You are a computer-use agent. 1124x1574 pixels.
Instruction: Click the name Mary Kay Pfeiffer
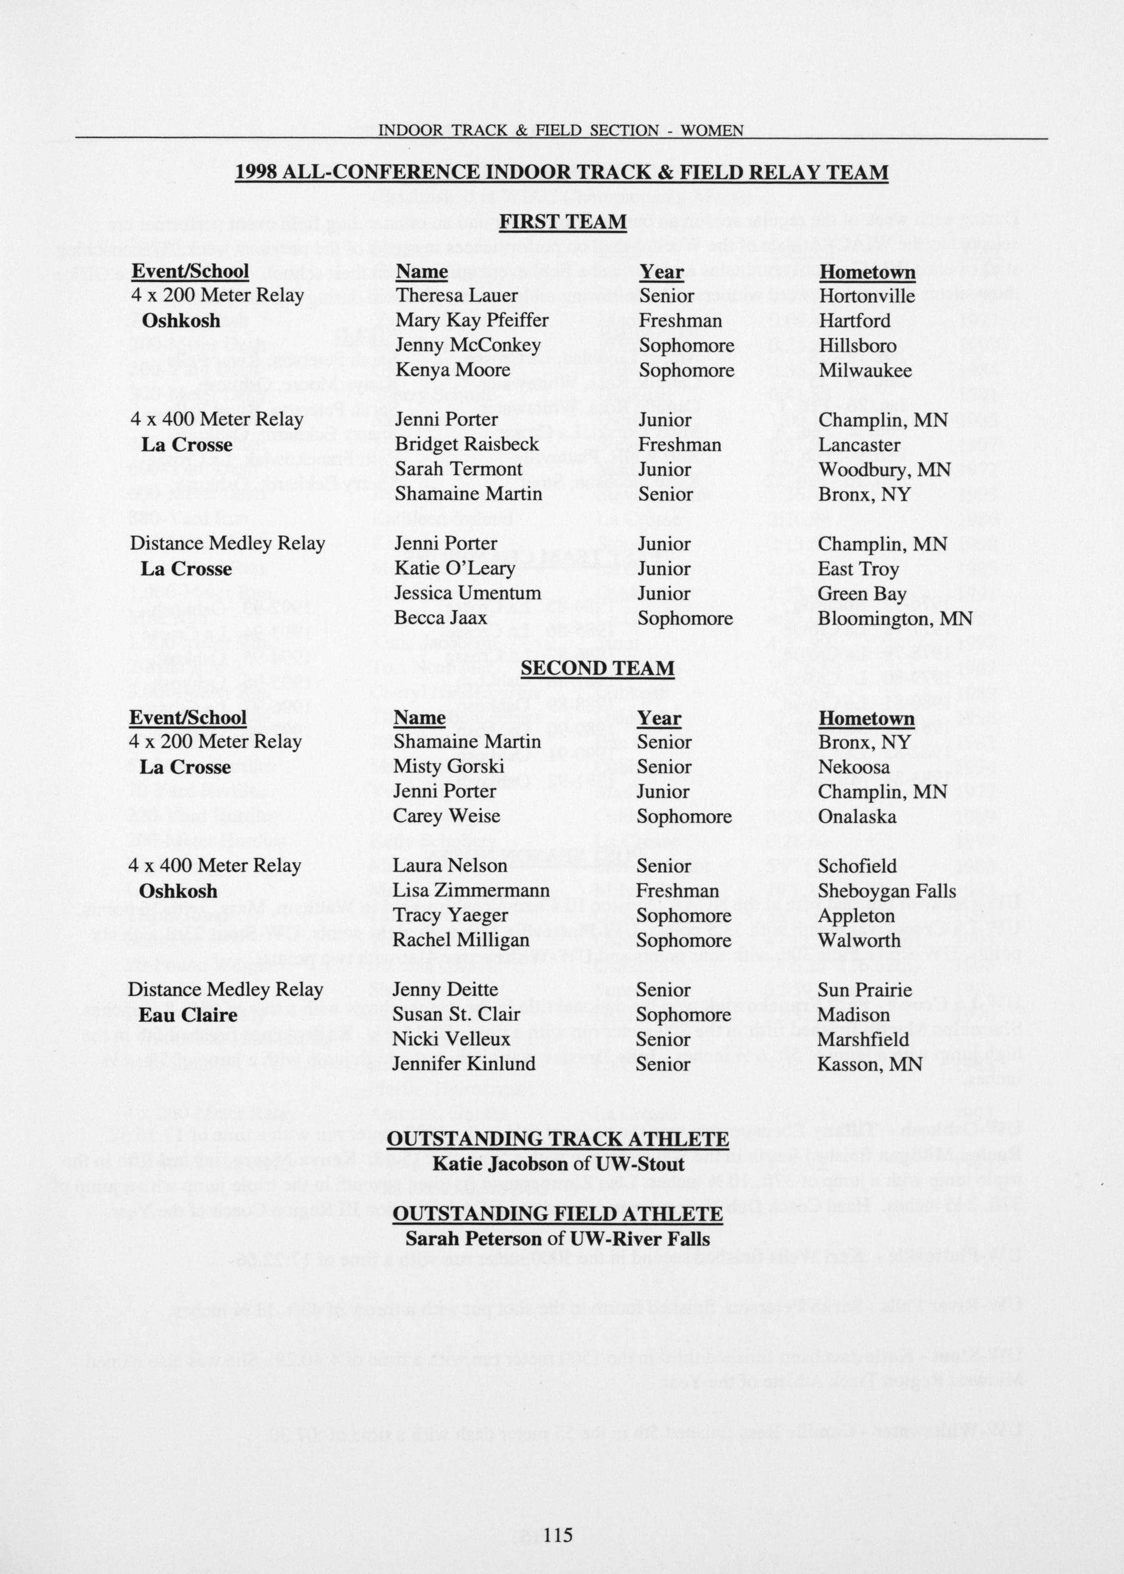tap(472, 320)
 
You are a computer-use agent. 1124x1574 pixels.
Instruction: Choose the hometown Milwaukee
tap(865, 370)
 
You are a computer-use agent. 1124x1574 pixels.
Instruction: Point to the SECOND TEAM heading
tap(597, 668)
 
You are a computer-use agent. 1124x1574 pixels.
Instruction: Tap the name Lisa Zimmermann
tap(471, 891)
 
